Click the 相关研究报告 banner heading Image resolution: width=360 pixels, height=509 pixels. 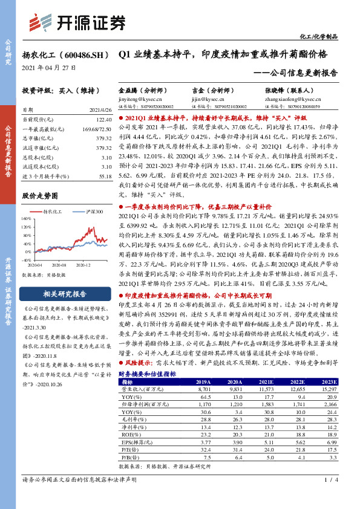[63, 294]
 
